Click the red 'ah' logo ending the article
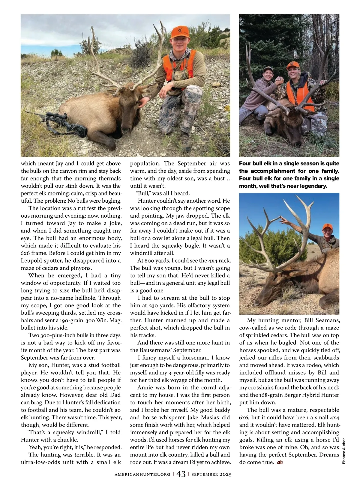tap(280, 462)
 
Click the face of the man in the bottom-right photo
tap(327, 233)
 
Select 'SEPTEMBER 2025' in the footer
tap(211, 474)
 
